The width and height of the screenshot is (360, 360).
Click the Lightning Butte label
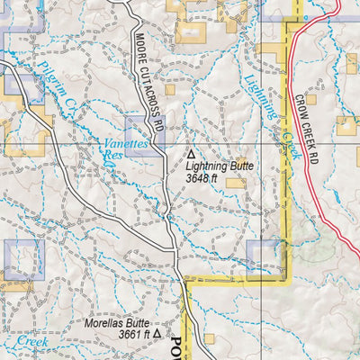[x=220, y=166]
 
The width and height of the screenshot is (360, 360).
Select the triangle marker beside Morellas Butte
[x=157, y=333]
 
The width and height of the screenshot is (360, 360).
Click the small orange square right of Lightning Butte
[x=237, y=182]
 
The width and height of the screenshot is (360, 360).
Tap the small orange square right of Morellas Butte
[x=210, y=338]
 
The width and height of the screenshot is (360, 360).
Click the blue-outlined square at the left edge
[x=25, y=259]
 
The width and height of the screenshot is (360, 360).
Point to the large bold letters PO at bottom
[x=176, y=342]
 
